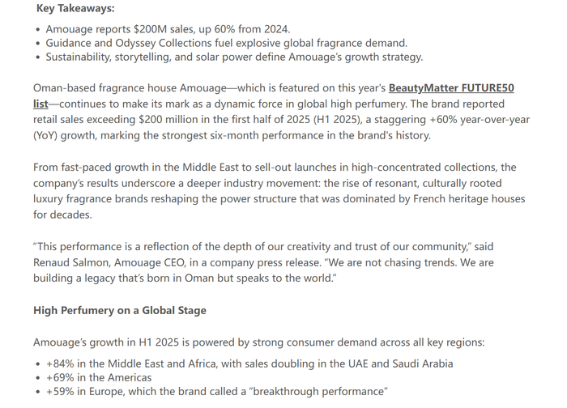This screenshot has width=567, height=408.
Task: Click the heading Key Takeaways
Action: pyautogui.click(x=75, y=9)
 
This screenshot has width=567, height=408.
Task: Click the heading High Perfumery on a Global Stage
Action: pyautogui.click(x=120, y=311)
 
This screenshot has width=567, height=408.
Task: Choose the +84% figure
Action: pyautogui.click(x=62, y=363)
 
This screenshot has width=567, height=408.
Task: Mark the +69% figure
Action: pyautogui.click(x=62, y=377)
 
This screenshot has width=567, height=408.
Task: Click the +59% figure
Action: pyautogui.click(x=62, y=392)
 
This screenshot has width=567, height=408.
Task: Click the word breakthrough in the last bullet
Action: pyautogui.click(x=292, y=392)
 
